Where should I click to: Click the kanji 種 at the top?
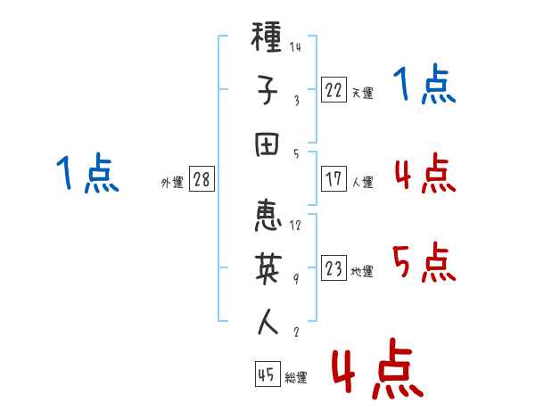pyautogui.click(x=266, y=37)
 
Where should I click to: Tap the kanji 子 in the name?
pyautogui.click(x=267, y=90)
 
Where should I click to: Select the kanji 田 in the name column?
pyautogui.click(x=267, y=144)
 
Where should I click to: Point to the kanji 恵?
pyautogui.click(x=267, y=216)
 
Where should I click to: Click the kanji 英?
pyautogui.click(x=268, y=268)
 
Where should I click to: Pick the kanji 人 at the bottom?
pyautogui.click(x=267, y=322)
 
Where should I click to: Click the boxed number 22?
pyautogui.click(x=333, y=90)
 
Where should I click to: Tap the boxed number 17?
pyautogui.click(x=333, y=179)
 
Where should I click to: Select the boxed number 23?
pyautogui.click(x=333, y=267)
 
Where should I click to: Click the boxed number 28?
pyautogui.click(x=202, y=179)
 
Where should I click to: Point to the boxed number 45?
pyautogui.click(x=267, y=374)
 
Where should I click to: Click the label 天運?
pyautogui.click(x=363, y=93)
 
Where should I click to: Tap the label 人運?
pyautogui.click(x=363, y=182)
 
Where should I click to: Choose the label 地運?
pyautogui.click(x=362, y=271)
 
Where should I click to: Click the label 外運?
pyautogui.click(x=172, y=182)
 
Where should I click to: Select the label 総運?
pyautogui.click(x=296, y=377)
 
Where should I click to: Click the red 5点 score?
pyautogui.click(x=424, y=262)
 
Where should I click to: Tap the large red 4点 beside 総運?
pyautogui.click(x=378, y=368)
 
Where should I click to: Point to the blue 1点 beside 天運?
pyautogui.click(x=424, y=84)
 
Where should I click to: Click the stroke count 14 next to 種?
pyautogui.click(x=295, y=46)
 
